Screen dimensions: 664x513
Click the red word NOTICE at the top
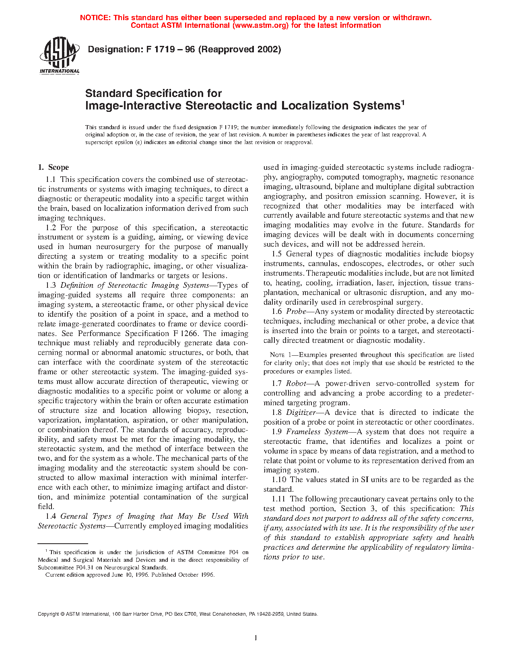pyautogui.click(x=95, y=18)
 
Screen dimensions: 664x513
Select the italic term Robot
pyautogui.click(x=296, y=384)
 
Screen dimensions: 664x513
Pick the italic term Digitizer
pyautogui.click(x=301, y=412)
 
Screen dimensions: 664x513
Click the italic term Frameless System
pyautogui.click(x=317, y=432)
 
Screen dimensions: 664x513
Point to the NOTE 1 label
pyautogui.click(x=280, y=355)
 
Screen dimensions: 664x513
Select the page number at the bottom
pyautogui.click(x=256, y=638)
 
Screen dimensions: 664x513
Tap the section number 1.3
pyautogui.click(x=51, y=285)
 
